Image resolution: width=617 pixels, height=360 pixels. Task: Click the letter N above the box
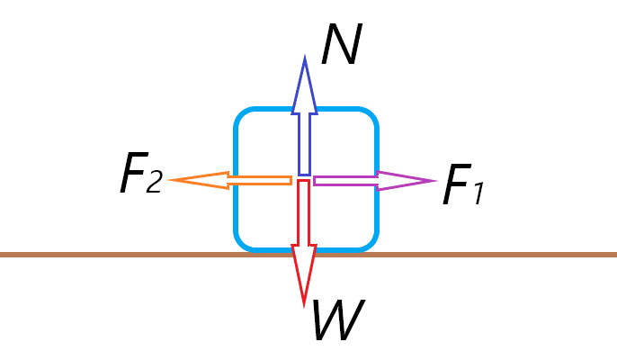coord(341,45)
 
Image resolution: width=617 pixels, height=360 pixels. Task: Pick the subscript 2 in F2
coord(153,183)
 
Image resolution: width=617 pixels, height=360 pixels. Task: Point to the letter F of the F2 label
coord(133,175)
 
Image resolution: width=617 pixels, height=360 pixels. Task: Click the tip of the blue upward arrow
coord(304,61)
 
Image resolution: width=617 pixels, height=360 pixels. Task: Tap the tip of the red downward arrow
coord(304,301)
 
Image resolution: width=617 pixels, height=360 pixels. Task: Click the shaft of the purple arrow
coord(346,181)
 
